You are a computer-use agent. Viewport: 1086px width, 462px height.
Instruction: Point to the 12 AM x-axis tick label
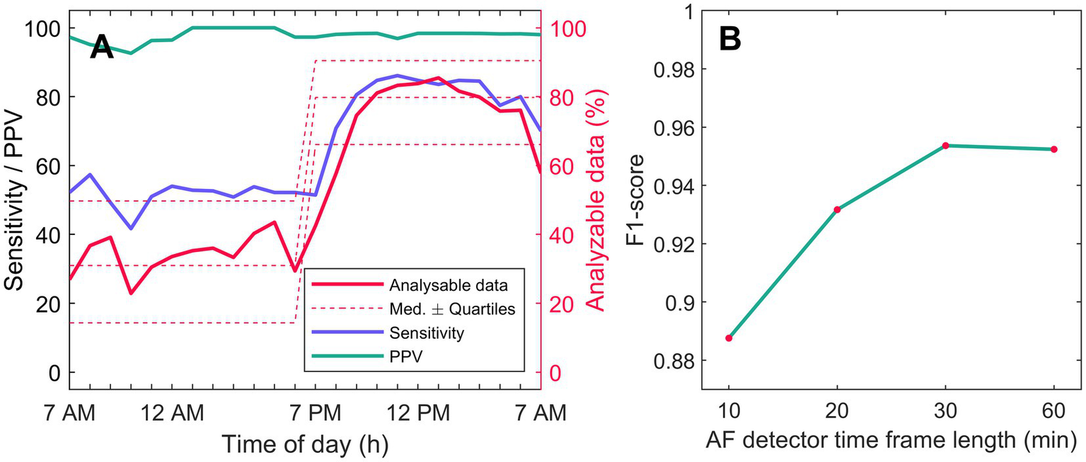[173, 412]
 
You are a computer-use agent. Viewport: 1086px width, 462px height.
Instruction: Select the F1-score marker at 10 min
[729, 337]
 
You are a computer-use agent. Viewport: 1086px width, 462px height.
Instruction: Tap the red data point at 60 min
[1053, 149]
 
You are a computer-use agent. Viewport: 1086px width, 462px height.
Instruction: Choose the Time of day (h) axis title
[305, 444]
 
